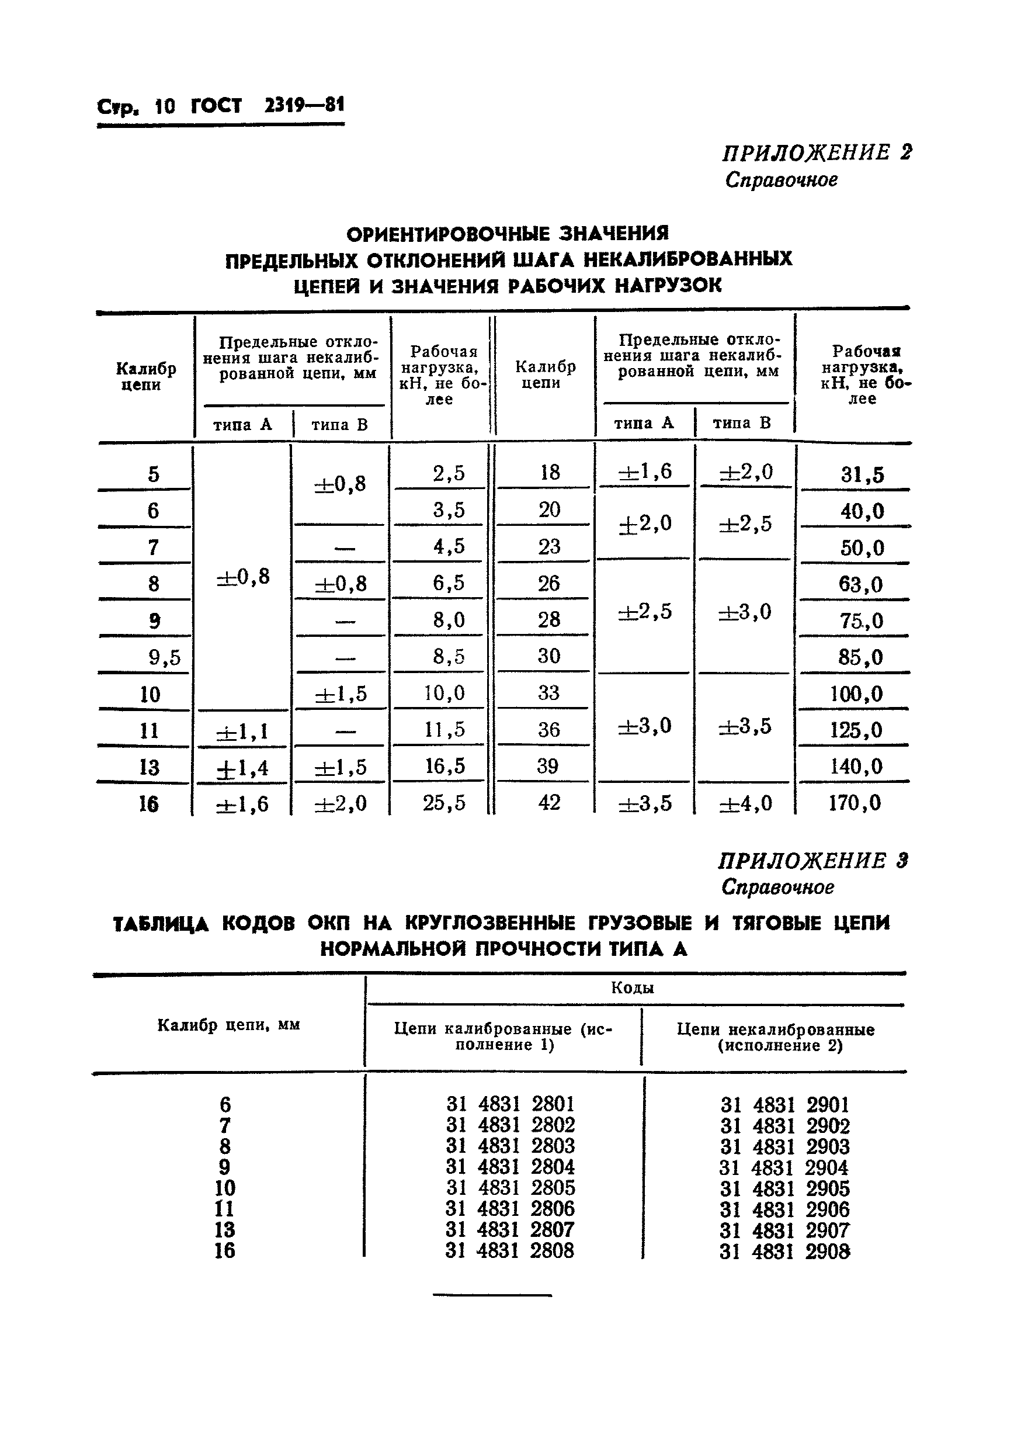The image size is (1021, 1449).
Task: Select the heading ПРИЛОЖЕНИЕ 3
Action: point(812,861)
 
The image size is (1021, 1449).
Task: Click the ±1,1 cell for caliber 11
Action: point(242,732)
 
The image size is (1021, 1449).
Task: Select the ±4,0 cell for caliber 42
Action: point(745,803)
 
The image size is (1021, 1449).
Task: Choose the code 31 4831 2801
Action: point(511,1104)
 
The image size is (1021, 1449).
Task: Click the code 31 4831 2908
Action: point(784,1251)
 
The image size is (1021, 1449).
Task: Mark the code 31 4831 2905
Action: point(785,1188)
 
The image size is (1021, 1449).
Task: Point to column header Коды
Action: point(633,988)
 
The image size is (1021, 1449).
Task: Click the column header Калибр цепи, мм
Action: point(228,1025)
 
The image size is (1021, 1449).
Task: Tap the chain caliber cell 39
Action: point(548,766)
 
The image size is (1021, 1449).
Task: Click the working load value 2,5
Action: point(449,473)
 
